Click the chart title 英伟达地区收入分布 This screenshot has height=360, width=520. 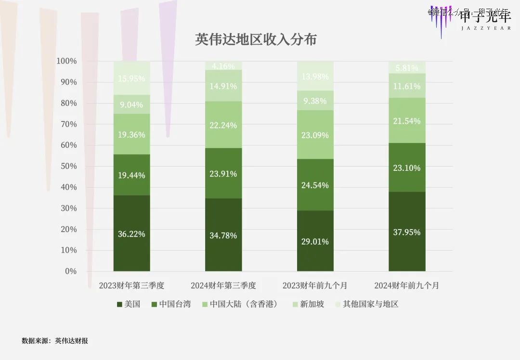pos(256,39)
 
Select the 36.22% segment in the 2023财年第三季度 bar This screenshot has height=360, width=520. pos(131,234)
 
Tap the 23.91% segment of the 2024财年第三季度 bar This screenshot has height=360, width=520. pos(223,174)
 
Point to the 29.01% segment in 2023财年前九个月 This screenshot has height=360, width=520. pos(315,241)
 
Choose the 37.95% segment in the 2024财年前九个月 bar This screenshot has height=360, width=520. pos(407,232)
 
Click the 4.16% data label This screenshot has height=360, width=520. pos(223,66)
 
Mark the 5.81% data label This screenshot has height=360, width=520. pos(407,68)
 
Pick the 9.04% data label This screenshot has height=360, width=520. pos(131,104)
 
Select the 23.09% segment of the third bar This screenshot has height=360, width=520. pos(315,135)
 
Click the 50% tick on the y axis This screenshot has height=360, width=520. pos(67,167)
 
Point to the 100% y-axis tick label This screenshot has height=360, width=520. pos(66,61)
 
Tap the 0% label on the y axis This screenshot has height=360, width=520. pos(70,271)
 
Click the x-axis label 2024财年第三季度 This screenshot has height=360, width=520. pos(223,285)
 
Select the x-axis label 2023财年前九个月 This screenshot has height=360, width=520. pos(315,285)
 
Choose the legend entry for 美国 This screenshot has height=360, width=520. pos(129,304)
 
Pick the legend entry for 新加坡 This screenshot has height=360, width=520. pos(308,304)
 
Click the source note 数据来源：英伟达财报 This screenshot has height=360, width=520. pos(55,341)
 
